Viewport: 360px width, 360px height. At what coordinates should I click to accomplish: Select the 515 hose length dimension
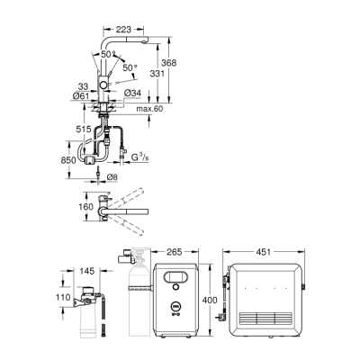coord(84,130)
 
